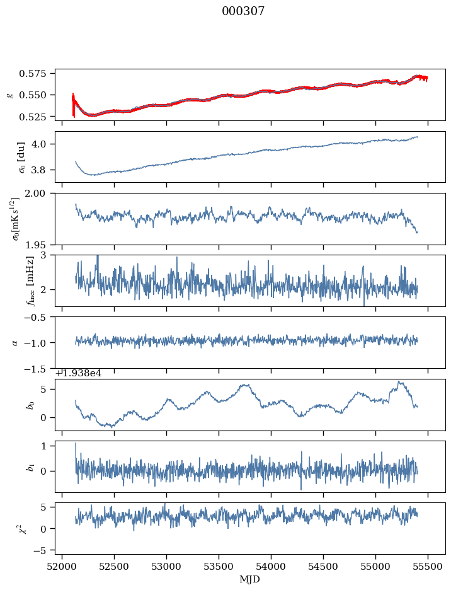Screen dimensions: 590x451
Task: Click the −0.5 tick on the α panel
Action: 38,317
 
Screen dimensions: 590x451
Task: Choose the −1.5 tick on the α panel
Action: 38,368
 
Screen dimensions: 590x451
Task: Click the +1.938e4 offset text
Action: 79,373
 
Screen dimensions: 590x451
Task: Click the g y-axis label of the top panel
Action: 9,95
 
